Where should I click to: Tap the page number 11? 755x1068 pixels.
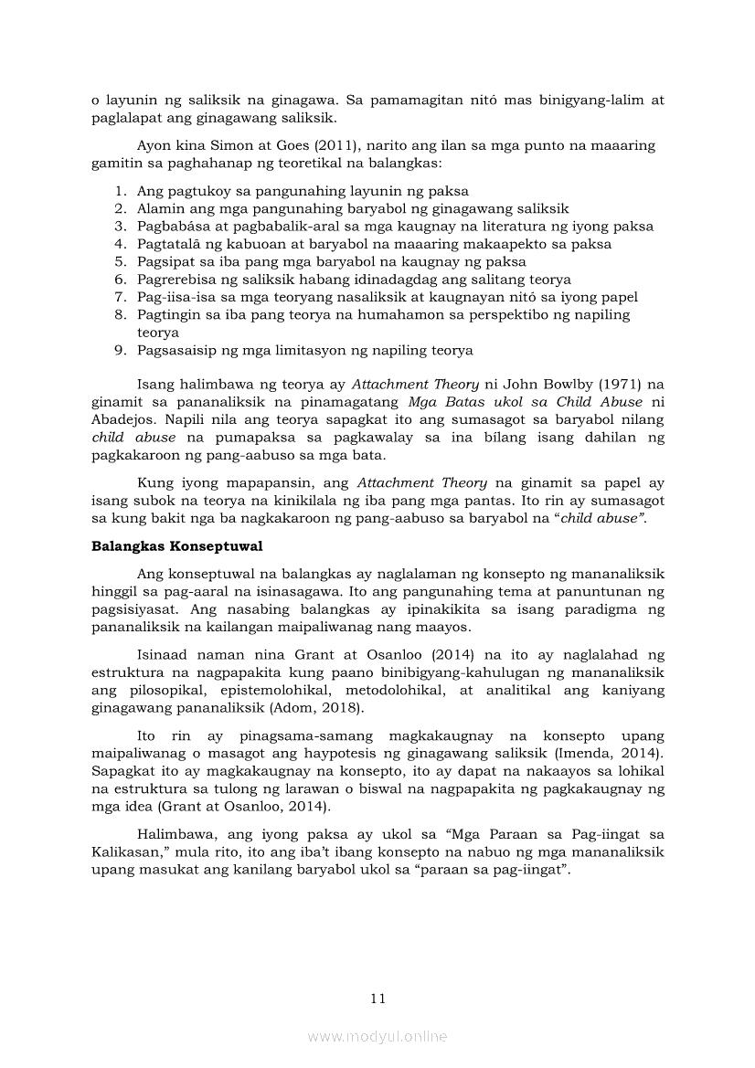378,998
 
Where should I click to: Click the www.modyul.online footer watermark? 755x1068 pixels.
377,1036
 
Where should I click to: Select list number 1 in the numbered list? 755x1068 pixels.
121,191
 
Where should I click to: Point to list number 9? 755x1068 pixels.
121,351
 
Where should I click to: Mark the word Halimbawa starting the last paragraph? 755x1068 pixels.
173,833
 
